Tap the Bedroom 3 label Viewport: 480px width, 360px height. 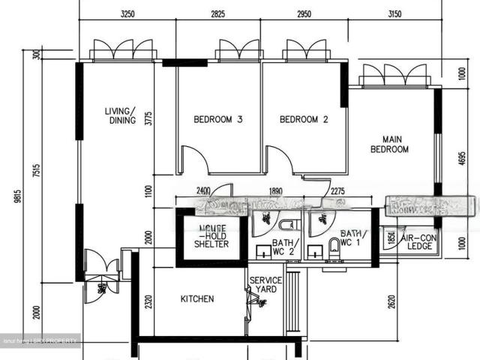point(217,119)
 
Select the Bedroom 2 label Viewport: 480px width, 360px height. point(304,119)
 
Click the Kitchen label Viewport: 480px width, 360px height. point(197,298)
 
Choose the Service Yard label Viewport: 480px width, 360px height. point(265,285)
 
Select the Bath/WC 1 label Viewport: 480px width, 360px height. point(350,238)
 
